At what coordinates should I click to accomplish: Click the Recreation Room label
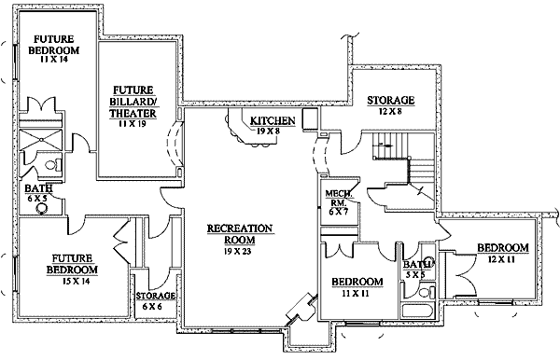tap(240, 233)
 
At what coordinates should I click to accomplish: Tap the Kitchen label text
tap(273, 121)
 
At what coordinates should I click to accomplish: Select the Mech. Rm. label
tap(338, 198)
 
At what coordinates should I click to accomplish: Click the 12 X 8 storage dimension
tap(390, 112)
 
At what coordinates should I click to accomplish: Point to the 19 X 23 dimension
tap(238, 251)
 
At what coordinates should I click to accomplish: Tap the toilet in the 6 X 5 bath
tap(53, 165)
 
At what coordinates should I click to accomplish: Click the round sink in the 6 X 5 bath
tap(42, 208)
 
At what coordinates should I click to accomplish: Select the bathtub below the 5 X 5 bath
tap(418, 310)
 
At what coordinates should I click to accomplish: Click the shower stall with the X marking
tap(40, 139)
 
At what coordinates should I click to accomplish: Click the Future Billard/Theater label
tap(133, 102)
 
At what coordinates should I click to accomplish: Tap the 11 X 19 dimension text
tap(133, 124)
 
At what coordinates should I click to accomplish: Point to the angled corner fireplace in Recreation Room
tap(301, 309)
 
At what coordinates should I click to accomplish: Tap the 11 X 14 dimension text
tap(54, 60)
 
